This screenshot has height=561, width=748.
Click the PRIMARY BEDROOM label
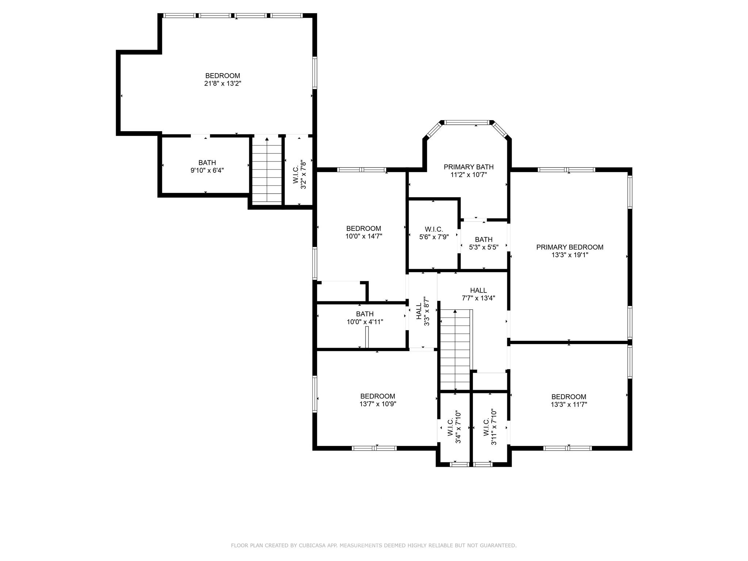569,247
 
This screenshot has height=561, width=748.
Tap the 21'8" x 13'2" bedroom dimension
222,84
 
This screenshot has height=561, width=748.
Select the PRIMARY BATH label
469,167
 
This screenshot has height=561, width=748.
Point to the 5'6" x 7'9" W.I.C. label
434,233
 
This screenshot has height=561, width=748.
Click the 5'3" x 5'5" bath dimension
484,247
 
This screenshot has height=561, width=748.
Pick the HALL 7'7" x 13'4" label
478,294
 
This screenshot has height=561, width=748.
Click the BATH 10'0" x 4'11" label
365,318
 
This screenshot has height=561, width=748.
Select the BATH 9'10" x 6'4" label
207,167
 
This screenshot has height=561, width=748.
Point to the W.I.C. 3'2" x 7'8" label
299,174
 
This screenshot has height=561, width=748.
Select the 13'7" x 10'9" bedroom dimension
378,404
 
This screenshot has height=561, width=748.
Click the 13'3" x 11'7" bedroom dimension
569,404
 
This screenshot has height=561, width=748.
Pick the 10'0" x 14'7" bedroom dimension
364,236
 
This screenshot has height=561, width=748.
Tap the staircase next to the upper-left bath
267,170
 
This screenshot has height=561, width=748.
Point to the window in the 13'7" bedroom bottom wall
374,448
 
